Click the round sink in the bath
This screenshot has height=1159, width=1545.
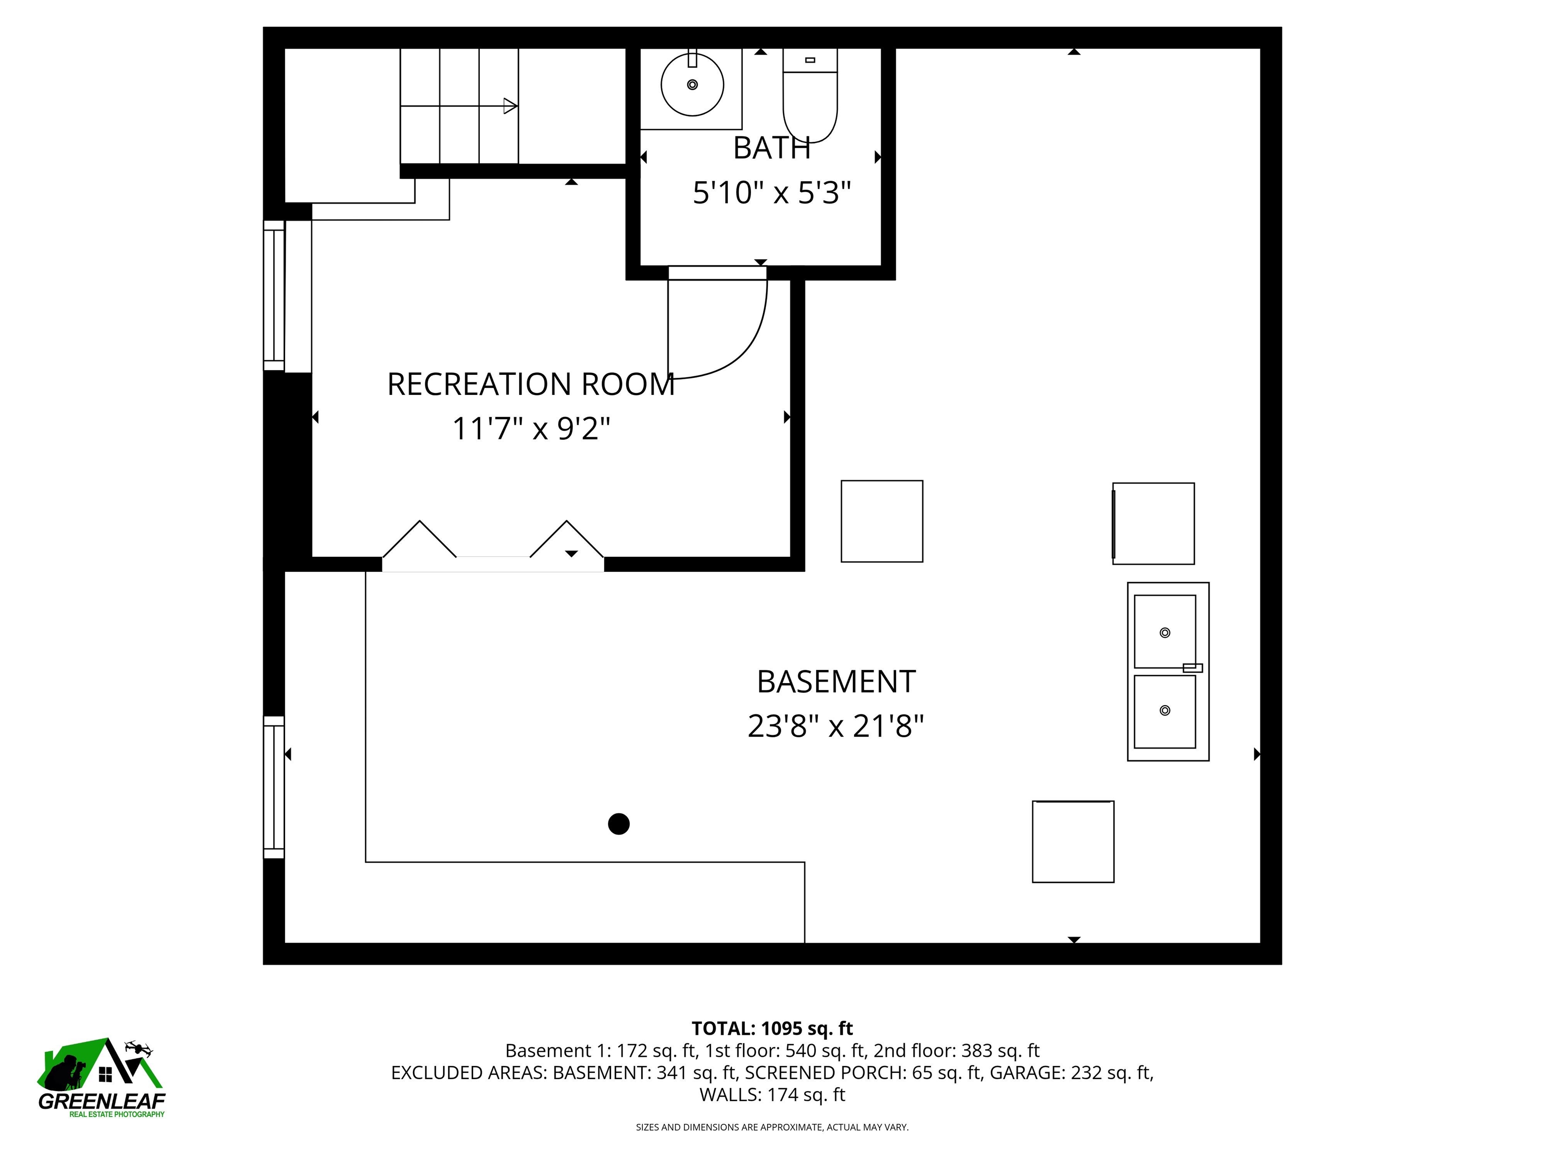(692, 85)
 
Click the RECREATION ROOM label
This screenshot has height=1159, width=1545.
(531, 384)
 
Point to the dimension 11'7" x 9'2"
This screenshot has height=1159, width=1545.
(531, 428)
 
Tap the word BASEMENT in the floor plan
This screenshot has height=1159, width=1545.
(835, 682)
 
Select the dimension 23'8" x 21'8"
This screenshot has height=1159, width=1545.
(835, 726)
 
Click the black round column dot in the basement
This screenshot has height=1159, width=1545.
(618, 824)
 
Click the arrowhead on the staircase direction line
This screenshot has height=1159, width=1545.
(510, 106)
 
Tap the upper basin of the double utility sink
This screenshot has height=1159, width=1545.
(1164, 631)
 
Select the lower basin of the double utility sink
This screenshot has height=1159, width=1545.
(1164, 710)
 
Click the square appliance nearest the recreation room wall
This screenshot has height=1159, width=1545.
(882, 521)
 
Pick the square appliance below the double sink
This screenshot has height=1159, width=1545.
(1073, 842)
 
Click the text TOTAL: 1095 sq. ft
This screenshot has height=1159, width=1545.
(772, 1028)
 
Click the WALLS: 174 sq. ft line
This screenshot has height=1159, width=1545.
(772, 1095)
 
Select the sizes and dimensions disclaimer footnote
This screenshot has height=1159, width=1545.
(772, 1127)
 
